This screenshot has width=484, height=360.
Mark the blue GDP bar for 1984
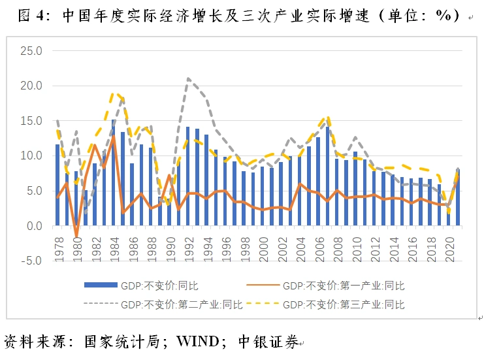(114, 173)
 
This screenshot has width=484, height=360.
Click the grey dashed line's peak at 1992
(188, 79)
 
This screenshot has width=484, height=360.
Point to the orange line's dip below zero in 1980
(76, 237)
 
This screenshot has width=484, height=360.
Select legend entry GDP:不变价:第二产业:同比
(183, 304)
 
